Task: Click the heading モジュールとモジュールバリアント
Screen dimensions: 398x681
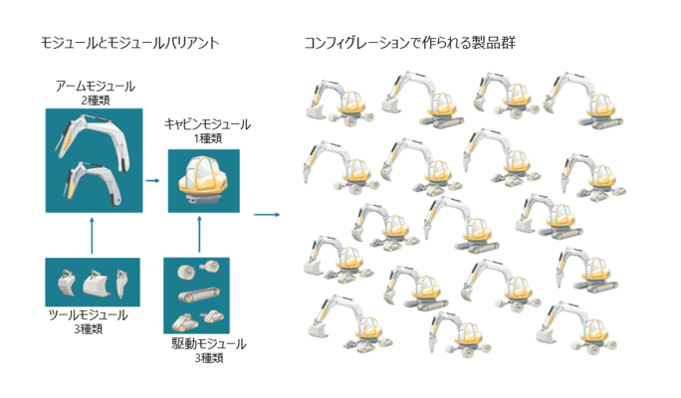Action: (129, 44)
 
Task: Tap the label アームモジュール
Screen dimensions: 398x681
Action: (96, 87)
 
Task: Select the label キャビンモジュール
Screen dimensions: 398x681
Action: (207, 124)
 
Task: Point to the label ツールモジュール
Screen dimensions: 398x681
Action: (89, 315)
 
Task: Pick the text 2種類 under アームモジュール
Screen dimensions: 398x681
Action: (96, 99)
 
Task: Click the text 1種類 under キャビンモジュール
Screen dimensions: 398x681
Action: (207, 137)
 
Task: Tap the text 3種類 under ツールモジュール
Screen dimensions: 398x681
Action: (89, 328)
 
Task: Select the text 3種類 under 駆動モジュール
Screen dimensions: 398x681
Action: (209, 357)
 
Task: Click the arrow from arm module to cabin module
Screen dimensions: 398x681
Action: (152, 181)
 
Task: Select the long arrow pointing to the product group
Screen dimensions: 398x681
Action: (266, 213)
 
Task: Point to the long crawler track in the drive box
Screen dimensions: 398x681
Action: (196, 297)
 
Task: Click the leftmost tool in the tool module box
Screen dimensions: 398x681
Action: (66, 284)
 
